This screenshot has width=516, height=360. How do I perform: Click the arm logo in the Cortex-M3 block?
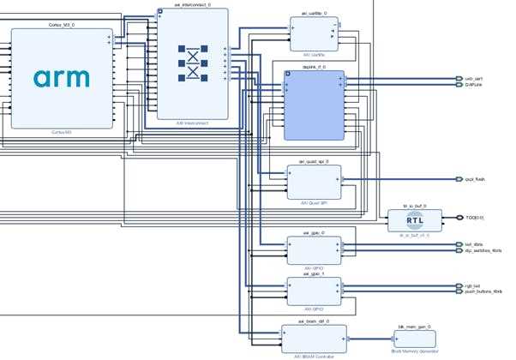click(61, 77)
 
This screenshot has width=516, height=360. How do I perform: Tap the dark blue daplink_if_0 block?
click(314, 105)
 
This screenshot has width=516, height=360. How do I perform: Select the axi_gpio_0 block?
click(314, 249)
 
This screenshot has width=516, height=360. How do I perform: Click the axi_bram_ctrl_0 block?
click(313, 337)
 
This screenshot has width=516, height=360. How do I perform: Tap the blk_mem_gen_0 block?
click(417, 338)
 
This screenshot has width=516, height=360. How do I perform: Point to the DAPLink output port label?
click(474, 85)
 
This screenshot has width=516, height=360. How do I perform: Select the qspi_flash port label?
click(476, 179)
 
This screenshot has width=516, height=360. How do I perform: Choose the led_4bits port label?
click(474, 245)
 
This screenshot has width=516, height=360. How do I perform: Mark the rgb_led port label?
click(472, 285)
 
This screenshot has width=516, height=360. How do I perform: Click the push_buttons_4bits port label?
click(483, 291)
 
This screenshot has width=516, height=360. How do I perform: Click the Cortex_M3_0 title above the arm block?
click(61, 25)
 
